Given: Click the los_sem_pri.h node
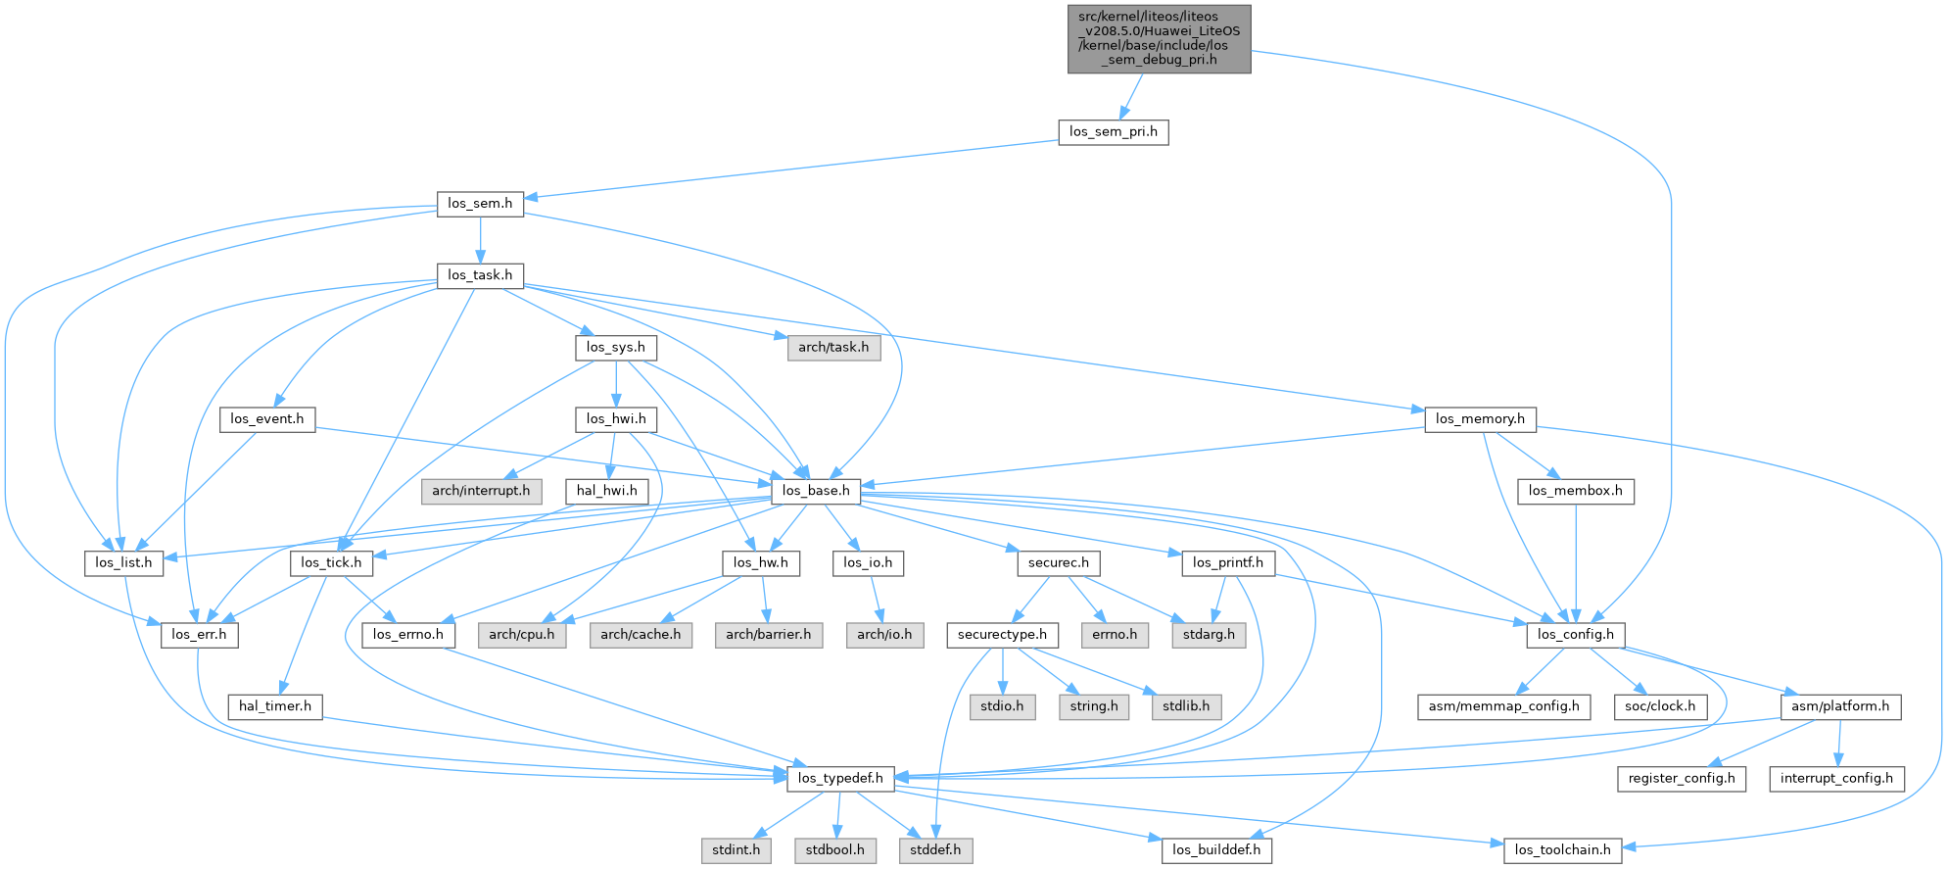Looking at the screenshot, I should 1113,131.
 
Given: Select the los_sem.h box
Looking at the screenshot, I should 480,204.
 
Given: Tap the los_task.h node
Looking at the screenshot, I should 480,275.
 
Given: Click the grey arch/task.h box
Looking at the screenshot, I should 832,347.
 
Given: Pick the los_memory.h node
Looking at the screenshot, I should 1480,419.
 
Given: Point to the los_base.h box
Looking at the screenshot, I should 816,491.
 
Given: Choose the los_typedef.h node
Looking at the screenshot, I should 840,778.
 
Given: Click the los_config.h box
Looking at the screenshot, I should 1575,635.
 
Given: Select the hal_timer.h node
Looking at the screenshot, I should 275,706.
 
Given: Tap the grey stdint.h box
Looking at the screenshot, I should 736,849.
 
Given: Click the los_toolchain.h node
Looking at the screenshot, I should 1562,849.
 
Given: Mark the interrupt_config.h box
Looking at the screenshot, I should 1836,778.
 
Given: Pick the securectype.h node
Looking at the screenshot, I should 1002,635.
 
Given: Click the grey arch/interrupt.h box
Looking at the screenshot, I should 481,491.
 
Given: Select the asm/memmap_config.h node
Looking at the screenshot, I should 1503,706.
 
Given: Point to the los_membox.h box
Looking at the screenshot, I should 1575,491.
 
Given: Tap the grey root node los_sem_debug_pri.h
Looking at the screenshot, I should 1159,38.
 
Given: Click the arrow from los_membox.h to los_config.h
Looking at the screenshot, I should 1575,563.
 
